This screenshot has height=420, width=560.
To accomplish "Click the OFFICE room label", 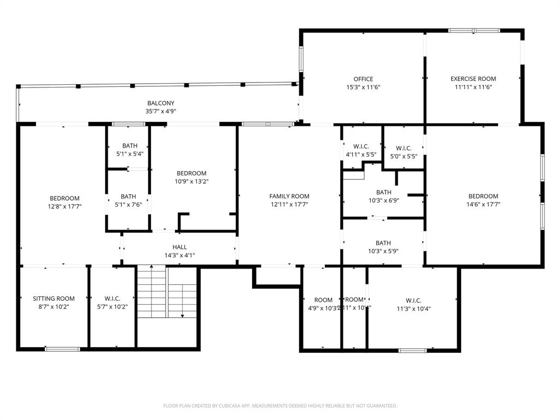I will (363, 79).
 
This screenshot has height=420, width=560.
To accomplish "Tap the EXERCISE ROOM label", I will (473, 79).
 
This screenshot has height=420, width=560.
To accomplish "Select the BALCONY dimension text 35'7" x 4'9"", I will (161, 111).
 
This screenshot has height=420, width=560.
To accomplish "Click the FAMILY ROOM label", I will (289, 196).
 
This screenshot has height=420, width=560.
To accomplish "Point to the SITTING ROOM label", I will (54, 299).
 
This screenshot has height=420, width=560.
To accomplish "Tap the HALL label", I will (180, 247).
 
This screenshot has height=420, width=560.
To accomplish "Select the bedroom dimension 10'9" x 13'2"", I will (191, 182).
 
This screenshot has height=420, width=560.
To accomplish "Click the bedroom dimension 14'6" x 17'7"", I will (483, 205).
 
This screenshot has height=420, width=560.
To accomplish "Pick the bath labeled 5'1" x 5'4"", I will (130, 149).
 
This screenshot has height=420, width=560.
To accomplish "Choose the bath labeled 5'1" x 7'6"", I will (129, 201).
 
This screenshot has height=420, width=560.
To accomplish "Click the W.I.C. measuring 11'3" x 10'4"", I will (413, 304).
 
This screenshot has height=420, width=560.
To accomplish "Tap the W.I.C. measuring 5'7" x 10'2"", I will (113, 302).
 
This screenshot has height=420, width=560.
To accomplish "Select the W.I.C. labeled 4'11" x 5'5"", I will (361, 150).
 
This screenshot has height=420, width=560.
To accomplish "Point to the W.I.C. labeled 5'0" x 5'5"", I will (404, 152).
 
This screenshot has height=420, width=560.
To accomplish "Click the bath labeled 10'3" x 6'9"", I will (383, 196).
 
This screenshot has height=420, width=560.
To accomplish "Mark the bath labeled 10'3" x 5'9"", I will (383, 247).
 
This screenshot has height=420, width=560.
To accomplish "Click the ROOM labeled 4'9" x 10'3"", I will (323, 304).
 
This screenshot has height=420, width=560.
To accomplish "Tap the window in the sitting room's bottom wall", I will (62, 349).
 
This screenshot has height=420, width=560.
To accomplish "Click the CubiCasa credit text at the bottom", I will (280, 406).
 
